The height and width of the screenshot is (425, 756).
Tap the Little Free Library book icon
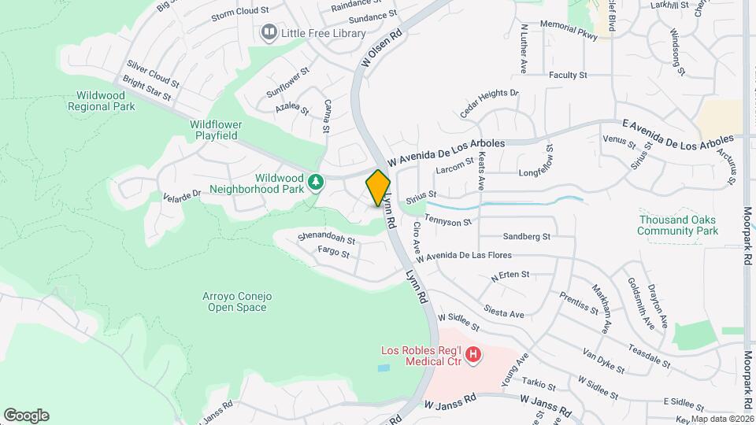pos(269,32)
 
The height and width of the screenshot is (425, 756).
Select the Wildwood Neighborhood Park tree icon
pos(316,183)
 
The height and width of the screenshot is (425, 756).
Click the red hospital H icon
pos(473,355)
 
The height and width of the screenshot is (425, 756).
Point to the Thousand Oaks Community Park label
pos(678,225)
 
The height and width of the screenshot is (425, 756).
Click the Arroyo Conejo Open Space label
pos(239,301)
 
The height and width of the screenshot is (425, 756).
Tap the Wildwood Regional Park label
pos(101,101)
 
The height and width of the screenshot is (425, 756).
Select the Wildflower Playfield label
pos(216,130)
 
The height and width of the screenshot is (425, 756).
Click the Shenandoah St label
pos(327,237)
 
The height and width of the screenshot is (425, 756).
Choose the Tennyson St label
pos(447,220)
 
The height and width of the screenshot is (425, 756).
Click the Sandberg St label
pos(525,236)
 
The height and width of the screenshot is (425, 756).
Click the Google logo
pos(26,416)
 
